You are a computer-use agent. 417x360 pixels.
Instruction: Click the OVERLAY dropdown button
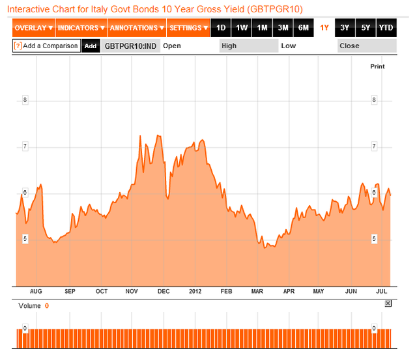[33, 28]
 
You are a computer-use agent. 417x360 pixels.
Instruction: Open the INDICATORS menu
[81, 28]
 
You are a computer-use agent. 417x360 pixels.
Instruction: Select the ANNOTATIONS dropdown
[136, 28]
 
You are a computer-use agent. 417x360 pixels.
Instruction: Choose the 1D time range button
[222, 28]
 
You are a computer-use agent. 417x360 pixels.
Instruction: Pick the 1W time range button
[242, 28]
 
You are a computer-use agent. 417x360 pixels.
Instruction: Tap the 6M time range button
[304, 28]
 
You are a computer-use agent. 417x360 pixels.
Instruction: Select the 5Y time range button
[366, 28]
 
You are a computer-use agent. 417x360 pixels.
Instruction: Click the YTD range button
[386, 28]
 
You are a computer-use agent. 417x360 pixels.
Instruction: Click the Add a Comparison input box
[46, 46]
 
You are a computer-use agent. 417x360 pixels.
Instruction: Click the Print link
[377, 66]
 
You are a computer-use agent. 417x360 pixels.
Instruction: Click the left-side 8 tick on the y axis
[25, 100]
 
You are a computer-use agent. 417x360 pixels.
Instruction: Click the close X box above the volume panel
[388, 304]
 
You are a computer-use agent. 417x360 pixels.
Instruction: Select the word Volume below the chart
[29, 305]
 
